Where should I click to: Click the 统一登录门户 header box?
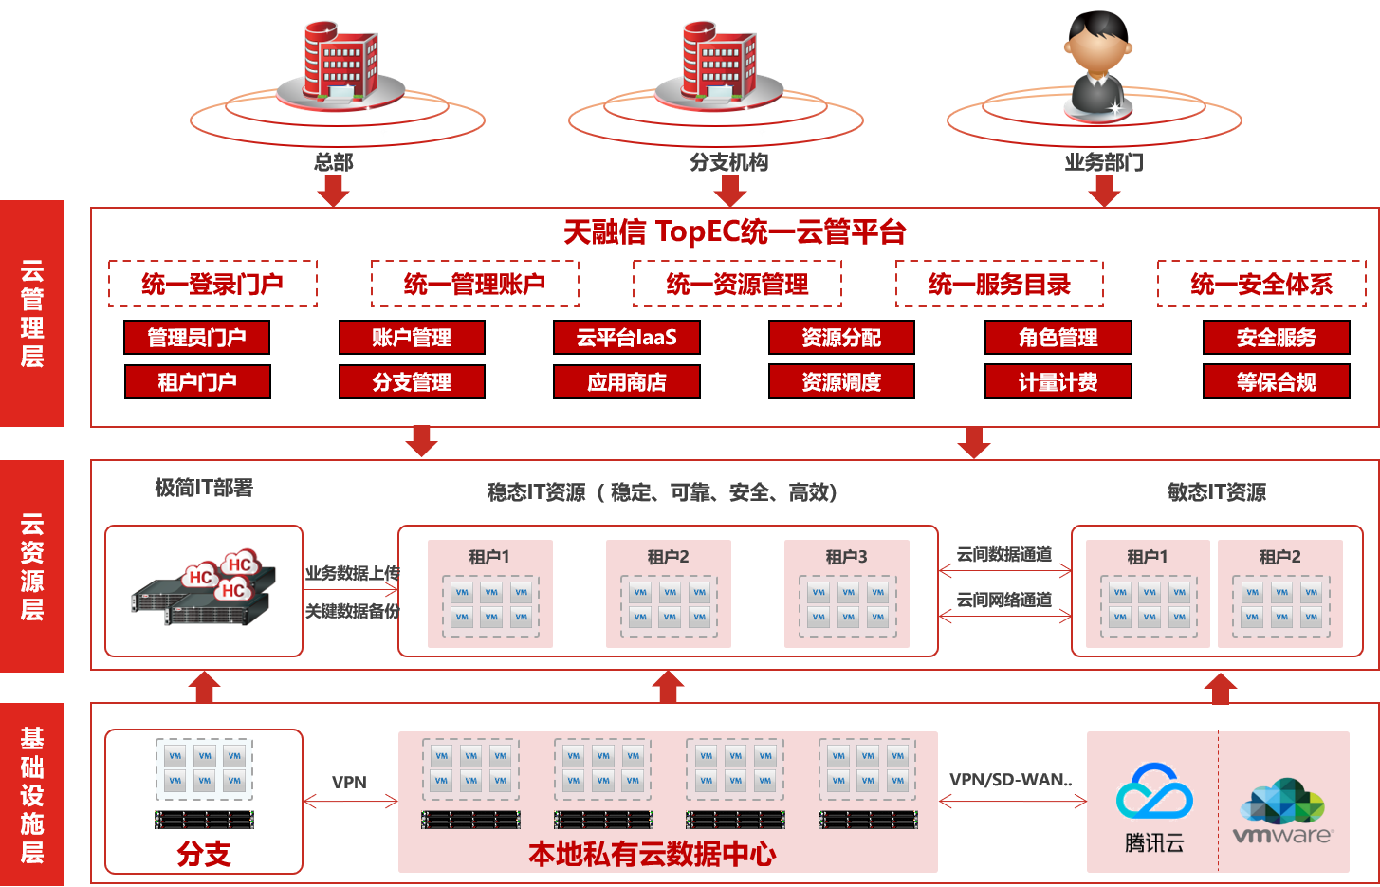tap(212, 284)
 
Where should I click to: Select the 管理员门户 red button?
tap(197, 337)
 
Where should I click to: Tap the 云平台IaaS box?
tap(626, 337)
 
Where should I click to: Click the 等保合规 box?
tap(1276, 381)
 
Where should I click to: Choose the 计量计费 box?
tap(1058, 381)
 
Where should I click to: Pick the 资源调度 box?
tap(841, 381)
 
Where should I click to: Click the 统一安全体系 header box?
tap(1260, 284)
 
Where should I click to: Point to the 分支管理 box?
tap(412, 381)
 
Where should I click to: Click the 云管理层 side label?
tap(32, 313)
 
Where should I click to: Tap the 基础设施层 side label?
tap(32, 794)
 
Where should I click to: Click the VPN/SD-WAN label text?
tap(1010, 780)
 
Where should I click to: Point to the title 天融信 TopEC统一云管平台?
tap(735, 231)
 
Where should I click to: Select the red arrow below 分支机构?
tap(729, 190)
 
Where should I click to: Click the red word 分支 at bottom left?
tap(204, 854)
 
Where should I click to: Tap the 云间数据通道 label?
tap(1003, 554)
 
